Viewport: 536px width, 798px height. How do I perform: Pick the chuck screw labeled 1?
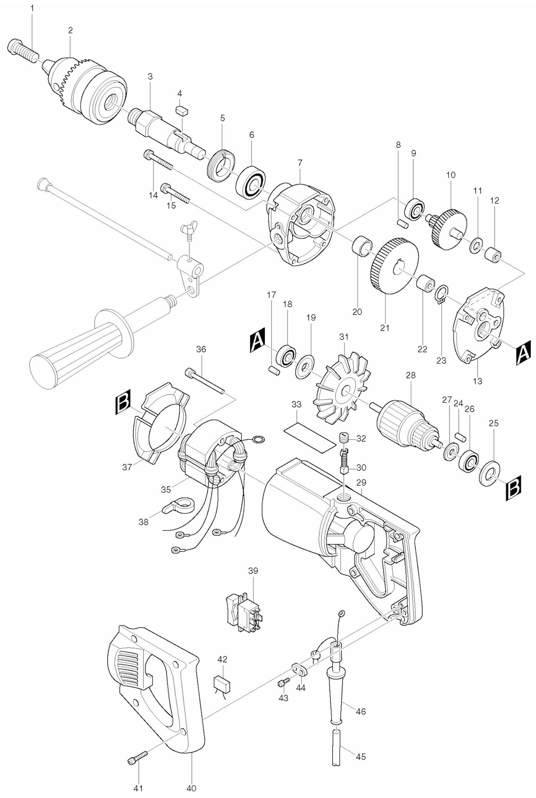pos(22,50)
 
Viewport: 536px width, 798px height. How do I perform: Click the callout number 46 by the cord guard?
pos(361,722)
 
